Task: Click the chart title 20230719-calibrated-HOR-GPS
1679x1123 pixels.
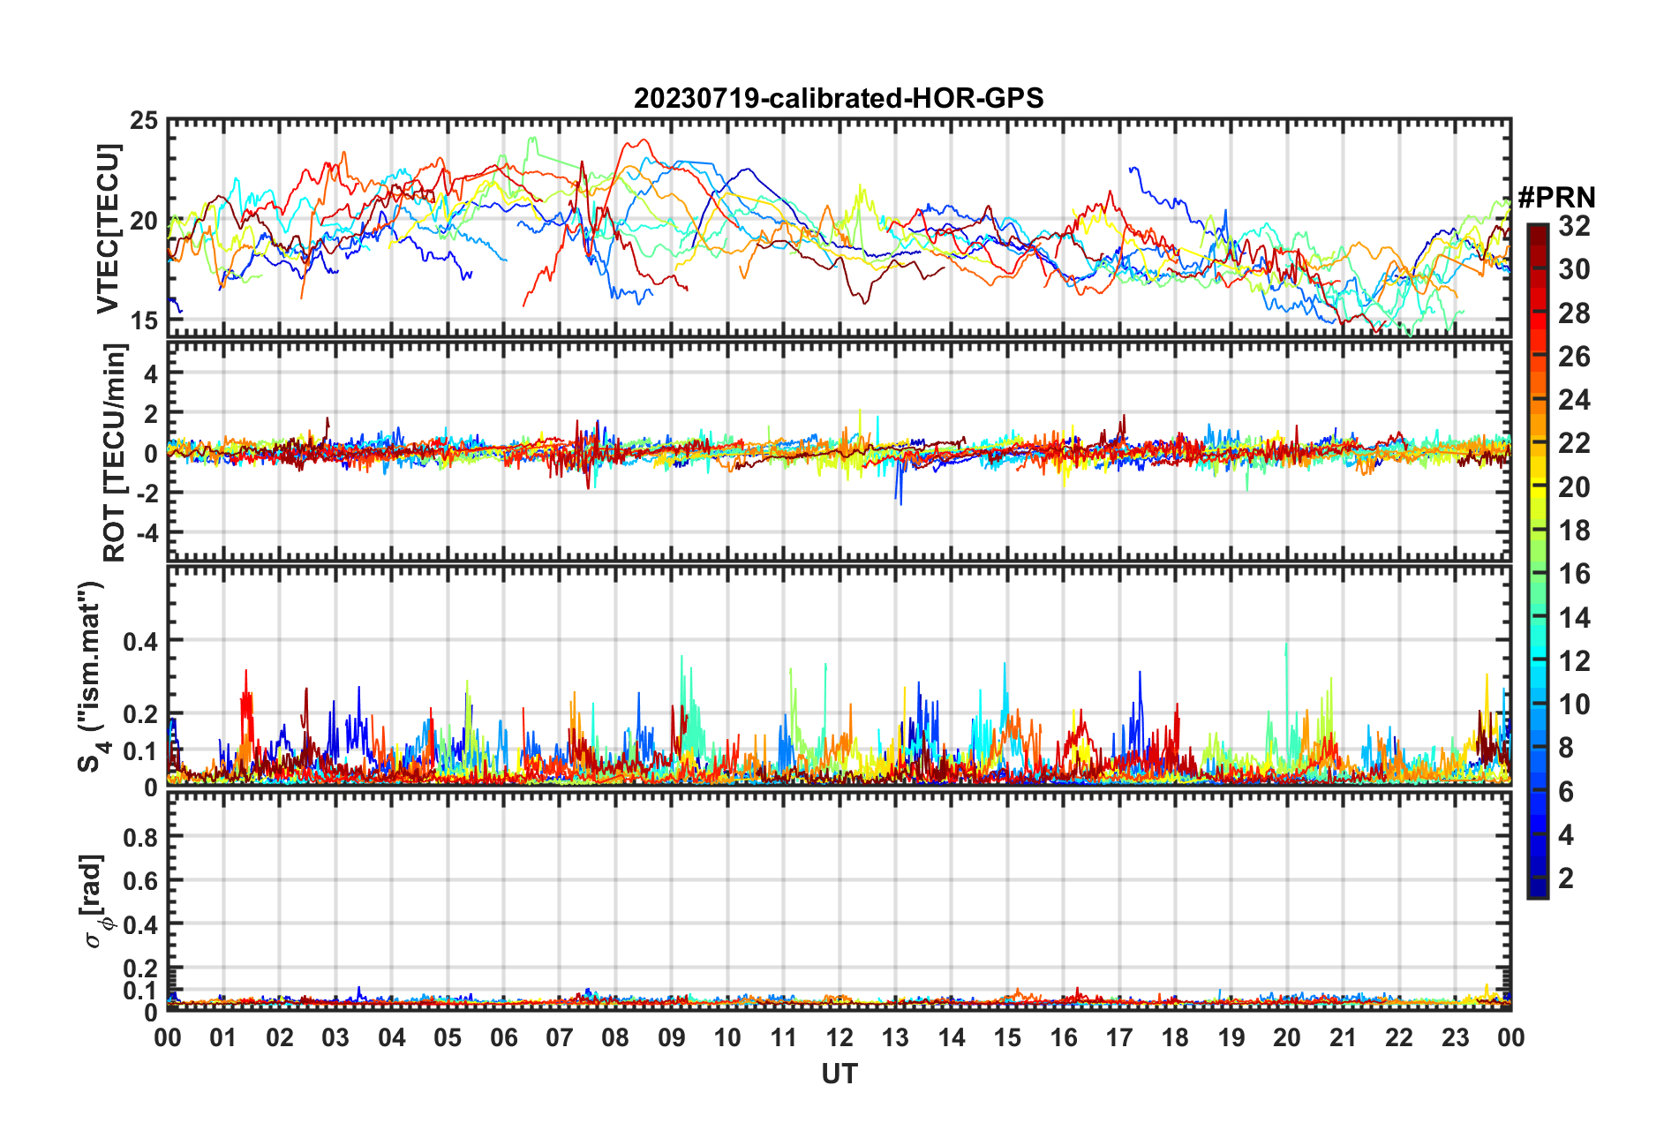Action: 839,98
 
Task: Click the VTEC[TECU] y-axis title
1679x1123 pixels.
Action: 108,229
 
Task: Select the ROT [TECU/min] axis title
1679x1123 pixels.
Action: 114,453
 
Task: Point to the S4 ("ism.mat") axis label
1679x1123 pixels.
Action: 92,676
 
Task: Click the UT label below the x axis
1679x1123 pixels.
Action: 839,1074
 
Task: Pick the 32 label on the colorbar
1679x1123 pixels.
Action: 1574,226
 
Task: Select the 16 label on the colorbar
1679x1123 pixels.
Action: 1574,574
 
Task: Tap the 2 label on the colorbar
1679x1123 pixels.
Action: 1566,878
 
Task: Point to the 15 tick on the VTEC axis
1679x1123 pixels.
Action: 144,321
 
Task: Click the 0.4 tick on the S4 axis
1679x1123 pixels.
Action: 140,641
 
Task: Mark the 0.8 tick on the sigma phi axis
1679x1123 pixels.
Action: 140,836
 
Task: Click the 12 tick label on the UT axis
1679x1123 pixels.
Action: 839,1038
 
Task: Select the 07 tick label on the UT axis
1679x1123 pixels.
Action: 560,1038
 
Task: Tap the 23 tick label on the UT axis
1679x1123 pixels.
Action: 1455,1038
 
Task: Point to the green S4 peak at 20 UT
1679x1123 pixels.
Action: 1286,646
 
